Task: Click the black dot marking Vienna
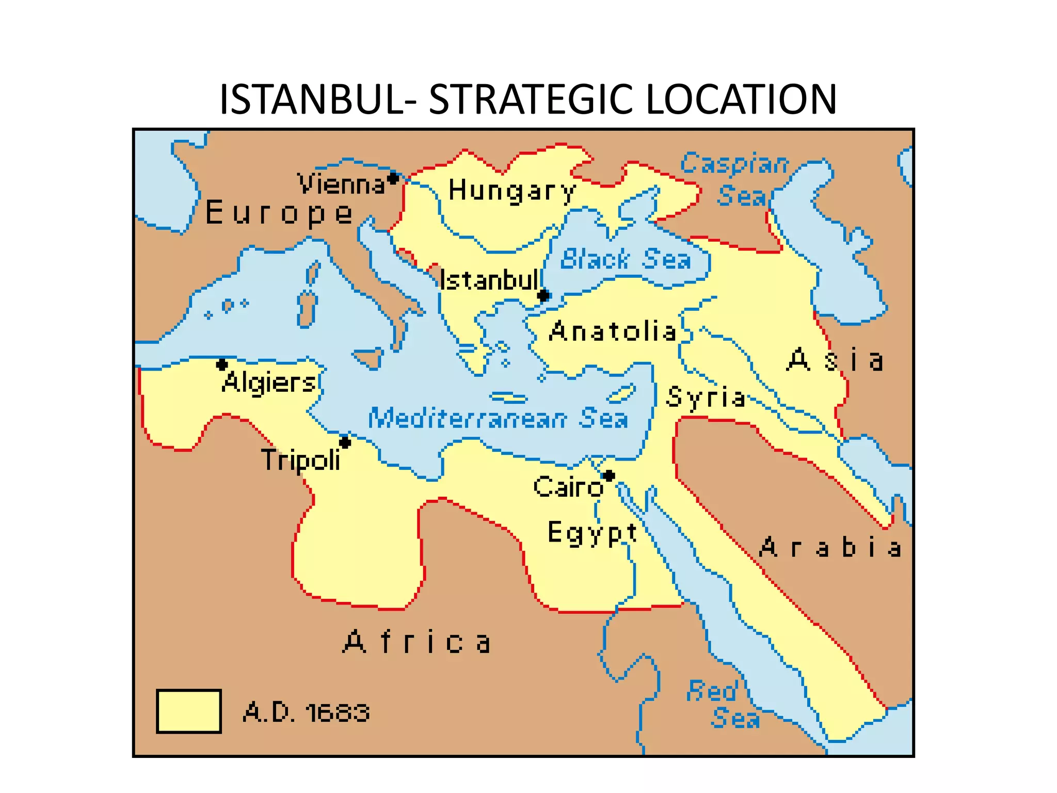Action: coord(393,179)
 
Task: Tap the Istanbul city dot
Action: coord(543,296)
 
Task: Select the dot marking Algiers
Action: coord(222,364)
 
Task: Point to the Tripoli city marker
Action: coord(345,442)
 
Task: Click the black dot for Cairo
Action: coord(609,475)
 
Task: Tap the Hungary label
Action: coord(511,191)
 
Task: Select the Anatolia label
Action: coord(613,331)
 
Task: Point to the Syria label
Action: coord(706,398)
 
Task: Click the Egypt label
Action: coord(592,533)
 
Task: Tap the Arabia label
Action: coord(830,547)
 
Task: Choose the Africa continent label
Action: coord(417,643)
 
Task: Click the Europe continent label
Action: coord(279,213)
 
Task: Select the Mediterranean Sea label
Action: coord(498,418)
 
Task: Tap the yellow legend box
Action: coord(189,711)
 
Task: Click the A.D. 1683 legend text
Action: coord(307,713)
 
